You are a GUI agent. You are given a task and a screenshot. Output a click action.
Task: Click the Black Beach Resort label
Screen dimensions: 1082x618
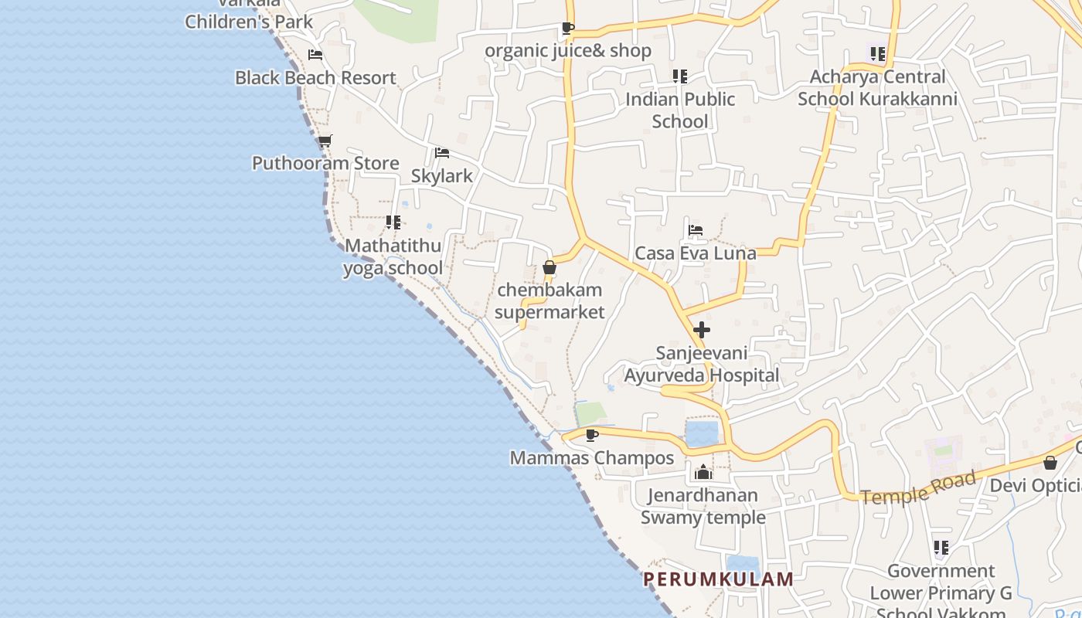click(315, 78)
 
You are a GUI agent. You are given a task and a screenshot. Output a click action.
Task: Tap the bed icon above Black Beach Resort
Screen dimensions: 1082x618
click(315, 55)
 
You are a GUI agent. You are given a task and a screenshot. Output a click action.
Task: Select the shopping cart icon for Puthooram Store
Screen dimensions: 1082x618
click(325, 141)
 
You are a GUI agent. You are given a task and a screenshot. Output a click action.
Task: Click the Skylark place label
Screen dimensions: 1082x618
click(441, 176)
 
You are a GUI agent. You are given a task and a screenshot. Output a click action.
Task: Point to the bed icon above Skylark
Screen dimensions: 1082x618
click(442, 153)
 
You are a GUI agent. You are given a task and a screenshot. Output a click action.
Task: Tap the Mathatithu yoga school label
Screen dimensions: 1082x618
click(393, 257)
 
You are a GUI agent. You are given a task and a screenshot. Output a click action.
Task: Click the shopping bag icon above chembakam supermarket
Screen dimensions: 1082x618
click(550, 268)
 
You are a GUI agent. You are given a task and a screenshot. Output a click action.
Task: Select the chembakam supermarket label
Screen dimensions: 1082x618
click(550, 301)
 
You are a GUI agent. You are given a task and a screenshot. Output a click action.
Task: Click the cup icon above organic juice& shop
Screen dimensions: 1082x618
click(568, 29)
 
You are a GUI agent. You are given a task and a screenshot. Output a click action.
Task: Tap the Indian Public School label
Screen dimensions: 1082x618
click(680, 110)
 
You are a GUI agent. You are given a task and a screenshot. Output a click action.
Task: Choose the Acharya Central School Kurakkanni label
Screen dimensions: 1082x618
click(877, 88)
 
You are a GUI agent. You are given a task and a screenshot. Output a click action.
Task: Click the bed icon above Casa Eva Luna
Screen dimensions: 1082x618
click(696, 230)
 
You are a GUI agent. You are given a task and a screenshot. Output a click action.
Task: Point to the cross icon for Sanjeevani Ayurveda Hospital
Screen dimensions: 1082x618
click(702, 330)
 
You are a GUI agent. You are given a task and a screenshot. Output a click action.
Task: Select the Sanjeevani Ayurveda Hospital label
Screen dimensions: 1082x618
click(702, 365)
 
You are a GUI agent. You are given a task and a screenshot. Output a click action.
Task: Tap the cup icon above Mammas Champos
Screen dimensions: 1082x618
click(592, 436)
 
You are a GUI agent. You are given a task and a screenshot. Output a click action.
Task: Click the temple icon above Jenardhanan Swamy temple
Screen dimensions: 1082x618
click(703, 472)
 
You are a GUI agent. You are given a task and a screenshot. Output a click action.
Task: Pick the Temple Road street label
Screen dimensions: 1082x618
click(918, 488)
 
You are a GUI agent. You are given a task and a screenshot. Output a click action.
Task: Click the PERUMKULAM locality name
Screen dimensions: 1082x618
click(719, 579)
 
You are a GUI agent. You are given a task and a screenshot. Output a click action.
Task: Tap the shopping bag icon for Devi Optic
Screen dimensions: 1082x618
click(1050, 463)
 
